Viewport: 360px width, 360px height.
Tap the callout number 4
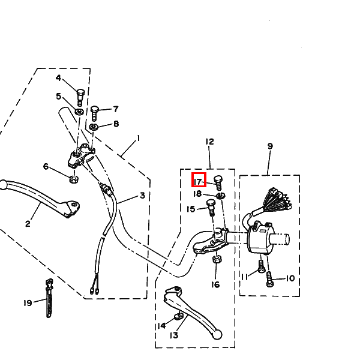click(59, 79)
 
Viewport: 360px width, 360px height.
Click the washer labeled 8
click(94, 127)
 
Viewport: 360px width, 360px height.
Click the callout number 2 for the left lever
click(28, 224)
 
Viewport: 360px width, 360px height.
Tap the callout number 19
click(28, 303)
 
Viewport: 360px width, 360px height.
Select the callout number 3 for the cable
click(142, 196)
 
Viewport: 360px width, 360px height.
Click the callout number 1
click(139, 139)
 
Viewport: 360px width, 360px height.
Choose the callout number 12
click(209, 142)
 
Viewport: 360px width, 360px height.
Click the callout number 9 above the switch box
click(269, 146)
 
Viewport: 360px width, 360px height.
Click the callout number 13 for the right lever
click(173, 335)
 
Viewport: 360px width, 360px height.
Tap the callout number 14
click(161, 326)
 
